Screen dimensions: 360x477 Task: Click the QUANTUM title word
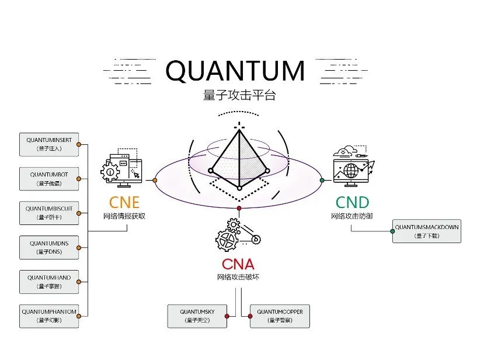[235, 71]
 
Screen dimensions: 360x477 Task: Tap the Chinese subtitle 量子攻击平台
[239, 95]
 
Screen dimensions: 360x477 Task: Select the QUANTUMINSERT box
[49, 144]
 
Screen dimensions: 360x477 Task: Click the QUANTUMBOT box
[49, 179]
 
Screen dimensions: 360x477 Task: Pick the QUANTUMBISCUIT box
[49, 213]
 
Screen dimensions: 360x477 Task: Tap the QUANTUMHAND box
[49, 282]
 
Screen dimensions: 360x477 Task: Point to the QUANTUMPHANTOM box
[49, 316]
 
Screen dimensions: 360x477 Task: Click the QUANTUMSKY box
[197, 316]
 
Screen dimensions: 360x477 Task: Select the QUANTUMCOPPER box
[280, 316]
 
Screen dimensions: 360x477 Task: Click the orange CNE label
[124, 203]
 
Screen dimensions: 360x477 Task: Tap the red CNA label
[238, 264]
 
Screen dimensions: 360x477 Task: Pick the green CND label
[352, 203]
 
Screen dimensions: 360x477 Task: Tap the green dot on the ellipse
[322, 181]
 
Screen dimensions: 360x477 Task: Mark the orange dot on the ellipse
[155, 180]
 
